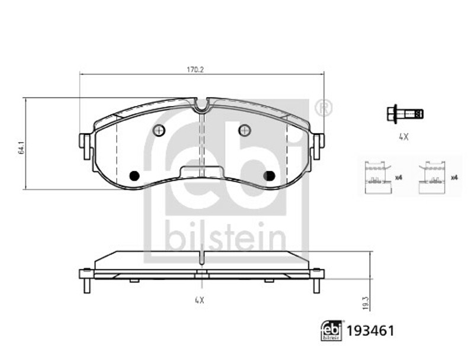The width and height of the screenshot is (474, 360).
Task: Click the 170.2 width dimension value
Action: (x=195, y=70)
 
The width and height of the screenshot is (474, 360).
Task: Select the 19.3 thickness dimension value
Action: (x=366, y=303)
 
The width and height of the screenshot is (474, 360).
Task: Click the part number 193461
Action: (x=370, y=331)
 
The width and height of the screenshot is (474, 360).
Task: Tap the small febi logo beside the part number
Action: (x=332, y=331)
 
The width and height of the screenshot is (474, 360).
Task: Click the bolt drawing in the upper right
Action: (x=405, y=114)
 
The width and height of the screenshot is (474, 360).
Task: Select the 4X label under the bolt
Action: (x=403, y=137)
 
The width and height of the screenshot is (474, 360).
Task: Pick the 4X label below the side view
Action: (x=200, y=300)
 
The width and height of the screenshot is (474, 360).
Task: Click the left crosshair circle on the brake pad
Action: (x=159, y=130)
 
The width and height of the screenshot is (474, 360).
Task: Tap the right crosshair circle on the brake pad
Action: (x=245, y=130)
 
